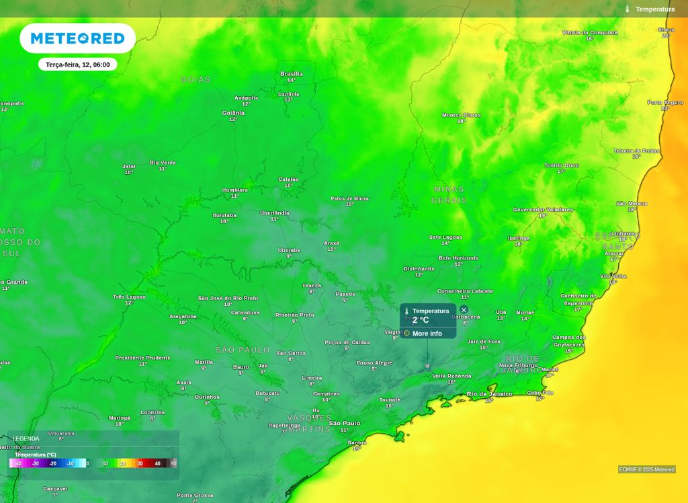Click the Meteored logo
point(77,38)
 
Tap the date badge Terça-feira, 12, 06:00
point(77,65)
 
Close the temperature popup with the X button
point(464,310)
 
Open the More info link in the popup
point(427,334)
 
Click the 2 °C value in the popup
point(421,321)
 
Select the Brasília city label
point(291,74)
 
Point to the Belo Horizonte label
point(458,258)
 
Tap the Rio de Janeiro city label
point(489,394)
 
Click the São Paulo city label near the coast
point(344,423)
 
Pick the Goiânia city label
point(233,113)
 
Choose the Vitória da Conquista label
point(589,32)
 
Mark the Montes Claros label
point(461,115)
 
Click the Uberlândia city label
point(274,213)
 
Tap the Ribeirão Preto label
point(294,315)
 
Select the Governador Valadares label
point(542,210)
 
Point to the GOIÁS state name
point(196,80)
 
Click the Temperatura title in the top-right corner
point(654,9)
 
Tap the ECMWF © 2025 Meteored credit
point(646,469)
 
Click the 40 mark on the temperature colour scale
point(158,463)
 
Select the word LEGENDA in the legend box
point(26,438)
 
